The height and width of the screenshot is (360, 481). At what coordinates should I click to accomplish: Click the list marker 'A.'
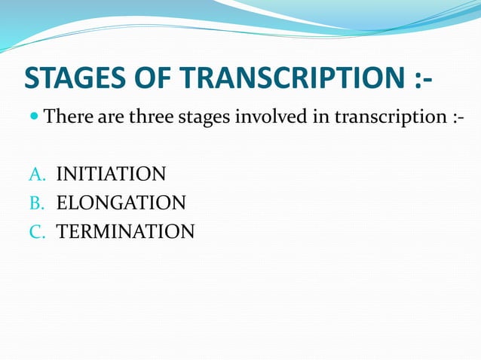pyautogui.click(x=38, y=175)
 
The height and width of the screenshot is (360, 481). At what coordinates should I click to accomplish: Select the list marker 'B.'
pyautogui.click(x=38, y=203)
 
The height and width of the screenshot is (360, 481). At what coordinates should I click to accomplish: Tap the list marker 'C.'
pyautogui.click(x=38, y=231)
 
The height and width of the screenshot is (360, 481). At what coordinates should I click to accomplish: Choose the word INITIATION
pyautogui.click(x=111, y=175)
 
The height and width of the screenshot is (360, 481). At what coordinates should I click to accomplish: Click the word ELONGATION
pyautogui.click(x=121, y=203)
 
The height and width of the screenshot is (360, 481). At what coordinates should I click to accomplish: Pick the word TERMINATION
pyautogui.click(x=125, y=231)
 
